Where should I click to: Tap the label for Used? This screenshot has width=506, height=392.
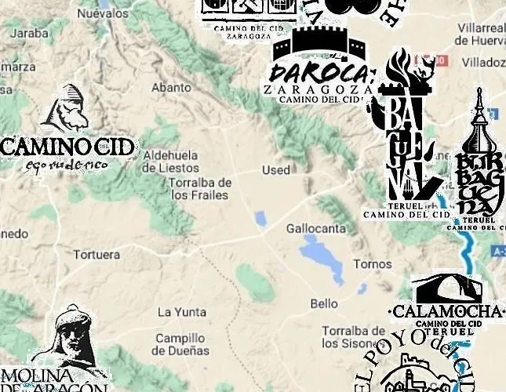pyautogui.click(x=275, y=170)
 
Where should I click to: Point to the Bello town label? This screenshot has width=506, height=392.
pyautogui.click(x=324, y=303)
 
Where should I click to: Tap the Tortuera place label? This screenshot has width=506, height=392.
pyautogui.click(x=96, y=255)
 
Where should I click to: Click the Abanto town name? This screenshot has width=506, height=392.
pyautogui.click(x=171, y=87)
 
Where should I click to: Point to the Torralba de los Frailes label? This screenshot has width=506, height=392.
pyautogui.click(x=200, y=188)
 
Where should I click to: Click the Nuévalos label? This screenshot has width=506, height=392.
pyautogui.click(x=103, y=13)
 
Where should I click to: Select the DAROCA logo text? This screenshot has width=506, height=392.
pyautogui.click(x=318, y=73)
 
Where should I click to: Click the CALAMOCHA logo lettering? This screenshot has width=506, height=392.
pyautogui.click(x=448, y=311)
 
